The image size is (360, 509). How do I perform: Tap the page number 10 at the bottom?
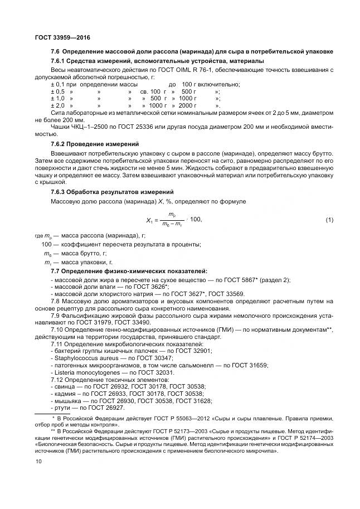pyautogui.click(x=38, y=462)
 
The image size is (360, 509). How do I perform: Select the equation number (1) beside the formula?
pyautogui.click(x=329, y=220)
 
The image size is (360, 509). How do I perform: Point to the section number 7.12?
pyautogui.click(x=59, y=379)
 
